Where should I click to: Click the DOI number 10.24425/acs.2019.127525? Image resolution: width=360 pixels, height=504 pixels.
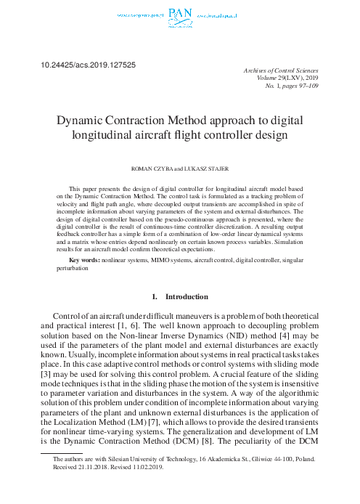(86, 65)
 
